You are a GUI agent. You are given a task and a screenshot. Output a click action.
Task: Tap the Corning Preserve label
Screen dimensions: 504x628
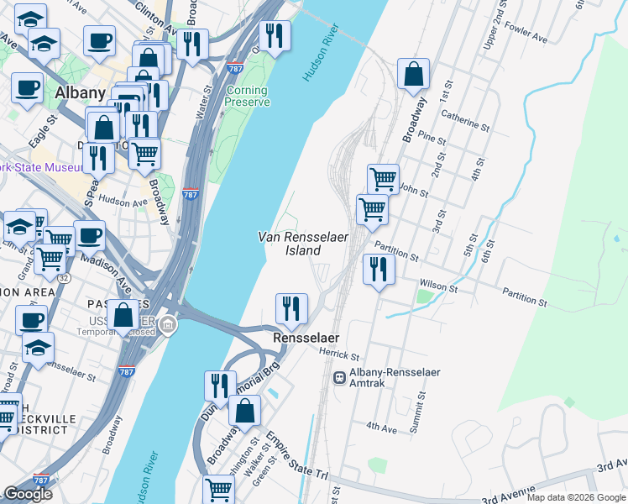tap(247, 97)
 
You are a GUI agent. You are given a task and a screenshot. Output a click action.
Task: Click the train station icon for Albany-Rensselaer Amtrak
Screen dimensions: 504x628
tap(341, 378)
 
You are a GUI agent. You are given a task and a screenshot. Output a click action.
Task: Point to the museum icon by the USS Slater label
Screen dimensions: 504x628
tap(168, 325)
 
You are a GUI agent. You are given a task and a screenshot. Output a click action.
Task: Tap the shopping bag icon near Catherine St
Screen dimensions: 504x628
tap(413, 76)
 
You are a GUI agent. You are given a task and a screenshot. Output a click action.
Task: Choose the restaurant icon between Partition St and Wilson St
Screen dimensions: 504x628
tap(379, 269)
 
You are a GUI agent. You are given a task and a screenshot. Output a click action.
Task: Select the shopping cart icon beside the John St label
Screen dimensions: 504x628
tap(383, 178)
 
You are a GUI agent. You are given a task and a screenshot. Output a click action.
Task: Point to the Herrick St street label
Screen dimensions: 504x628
tap(339, 356)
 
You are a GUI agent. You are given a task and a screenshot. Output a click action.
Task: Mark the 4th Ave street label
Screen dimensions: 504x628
tap(380, 428)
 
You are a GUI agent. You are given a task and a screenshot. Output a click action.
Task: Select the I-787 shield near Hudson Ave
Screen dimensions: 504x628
tap(191, 194)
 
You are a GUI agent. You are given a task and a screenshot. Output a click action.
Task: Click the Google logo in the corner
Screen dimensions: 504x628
tap(28, 494)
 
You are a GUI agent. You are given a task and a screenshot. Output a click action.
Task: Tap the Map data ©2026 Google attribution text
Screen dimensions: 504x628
tap(576, 497)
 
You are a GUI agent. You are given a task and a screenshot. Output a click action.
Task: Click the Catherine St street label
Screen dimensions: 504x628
tap(465, 121)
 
